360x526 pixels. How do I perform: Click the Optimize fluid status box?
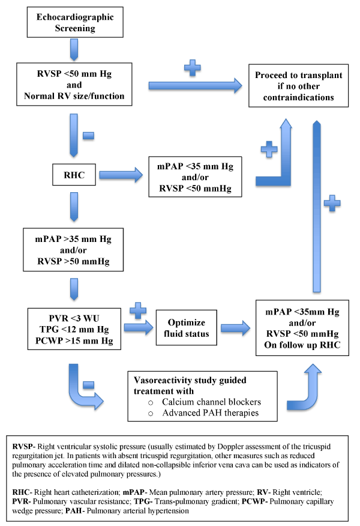(187, 327)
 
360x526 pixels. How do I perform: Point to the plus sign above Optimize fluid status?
(138, 311)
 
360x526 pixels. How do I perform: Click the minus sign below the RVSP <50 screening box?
(88, 136)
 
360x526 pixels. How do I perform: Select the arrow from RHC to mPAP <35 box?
(121, 176)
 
